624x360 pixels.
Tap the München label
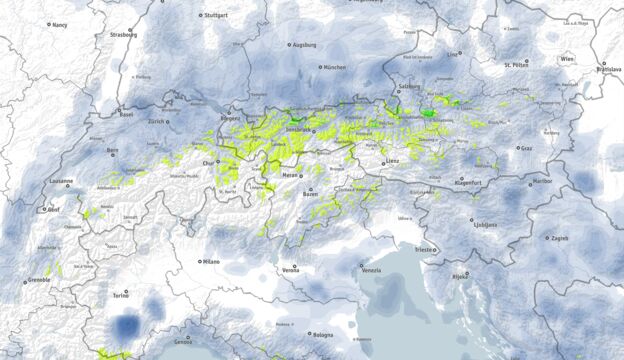[x=334, y=67]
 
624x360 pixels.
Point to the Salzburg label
[x=409, y=87]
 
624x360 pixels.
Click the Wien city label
[x=567, y=60]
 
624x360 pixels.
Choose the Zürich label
[x=157, y=121]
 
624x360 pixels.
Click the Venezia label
[x=370, y=270]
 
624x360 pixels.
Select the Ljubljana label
[x=485, y=225]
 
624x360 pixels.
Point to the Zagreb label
[x=558, y=238]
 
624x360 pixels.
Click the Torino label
[x=121, y=296]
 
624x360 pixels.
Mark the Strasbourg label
[x=123, y=34]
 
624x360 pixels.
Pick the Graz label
[x=525, y=148]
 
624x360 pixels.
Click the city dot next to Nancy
[x=48, y=24]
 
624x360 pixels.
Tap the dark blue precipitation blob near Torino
[x=126, y=326]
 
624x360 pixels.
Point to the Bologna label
[x=322, y=335]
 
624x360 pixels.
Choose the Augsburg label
[x=303, y=45]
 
